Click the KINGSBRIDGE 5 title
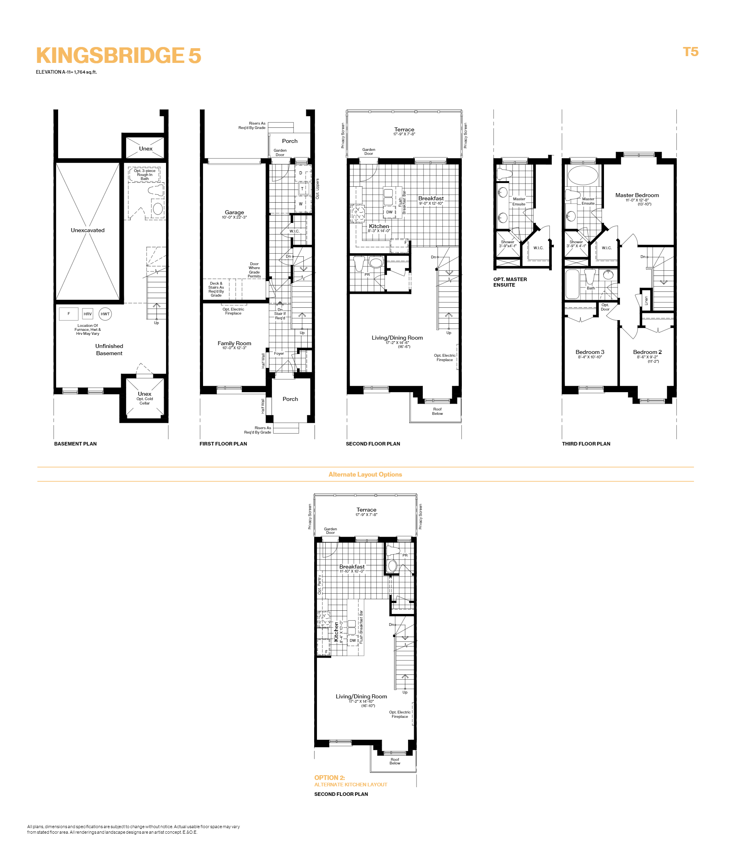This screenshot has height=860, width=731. click(x=119, y=55)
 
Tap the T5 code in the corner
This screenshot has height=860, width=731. click(x=690, y=52)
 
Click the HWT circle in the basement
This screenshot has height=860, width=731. click(x=105, y=314)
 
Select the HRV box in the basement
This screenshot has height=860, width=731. click(x=88, y=314)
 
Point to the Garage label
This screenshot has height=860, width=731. click(x=234, y=212)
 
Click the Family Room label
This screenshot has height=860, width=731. click(x=234, y=343)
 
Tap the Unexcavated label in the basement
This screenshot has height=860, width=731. click(x=88, y=230)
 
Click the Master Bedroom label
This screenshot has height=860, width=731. click(x=637, y=195)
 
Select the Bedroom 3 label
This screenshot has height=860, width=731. click(x=589, y=352)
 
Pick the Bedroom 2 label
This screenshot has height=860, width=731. click(x=647, y=352)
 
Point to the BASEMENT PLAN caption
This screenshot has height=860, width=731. click(x=75, y=444)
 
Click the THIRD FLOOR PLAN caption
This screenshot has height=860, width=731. click(x=586, y=444)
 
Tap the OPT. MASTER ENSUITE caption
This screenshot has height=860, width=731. click(x=510, y=282)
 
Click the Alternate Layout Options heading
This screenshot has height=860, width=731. click(x=365, y=474)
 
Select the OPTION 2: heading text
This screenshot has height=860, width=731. click(x=329, y=778)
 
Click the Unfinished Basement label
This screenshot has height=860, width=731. click(x=109, y=350)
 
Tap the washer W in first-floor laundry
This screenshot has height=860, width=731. click(x=301, y=203)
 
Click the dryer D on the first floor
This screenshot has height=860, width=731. click(x=301, y=173)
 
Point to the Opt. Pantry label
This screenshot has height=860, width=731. click(x=319, y=585)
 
